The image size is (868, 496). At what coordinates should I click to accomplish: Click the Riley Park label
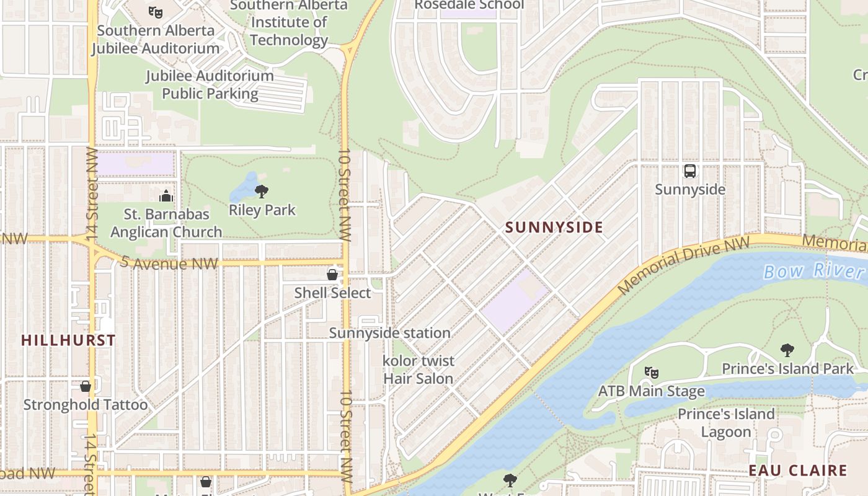click(262, 210)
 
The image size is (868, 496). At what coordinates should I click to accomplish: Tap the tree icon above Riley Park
click(262, 191)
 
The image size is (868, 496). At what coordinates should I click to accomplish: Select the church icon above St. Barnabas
click(166, 197)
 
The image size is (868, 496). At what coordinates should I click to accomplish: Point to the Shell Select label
click(332, 293)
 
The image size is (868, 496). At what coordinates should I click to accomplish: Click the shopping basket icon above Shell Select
click(332, 275)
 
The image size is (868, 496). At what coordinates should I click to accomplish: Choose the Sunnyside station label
click(389, 333)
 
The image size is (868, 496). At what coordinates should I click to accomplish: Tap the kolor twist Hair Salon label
click(418, 370)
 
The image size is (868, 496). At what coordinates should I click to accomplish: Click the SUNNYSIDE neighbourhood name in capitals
click(554, 228)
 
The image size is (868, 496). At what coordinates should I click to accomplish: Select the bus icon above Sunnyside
click(689, 171)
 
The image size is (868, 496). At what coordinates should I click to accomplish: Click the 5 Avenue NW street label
click(169, 263)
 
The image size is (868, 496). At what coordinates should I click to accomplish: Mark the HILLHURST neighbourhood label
click(68, 340)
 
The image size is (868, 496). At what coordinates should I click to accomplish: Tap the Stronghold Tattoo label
click(86, 405)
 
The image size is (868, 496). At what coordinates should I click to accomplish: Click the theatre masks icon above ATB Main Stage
click(651, 373)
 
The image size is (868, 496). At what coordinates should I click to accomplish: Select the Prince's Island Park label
click(787, 369)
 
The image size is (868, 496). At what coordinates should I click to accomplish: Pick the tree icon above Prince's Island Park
click(787, 350)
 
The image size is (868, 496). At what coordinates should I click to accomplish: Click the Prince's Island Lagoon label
click(726, 423)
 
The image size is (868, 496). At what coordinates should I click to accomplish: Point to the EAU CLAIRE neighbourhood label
click(797, 471)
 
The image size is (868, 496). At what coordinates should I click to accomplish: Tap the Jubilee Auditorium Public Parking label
click(210, 85)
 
